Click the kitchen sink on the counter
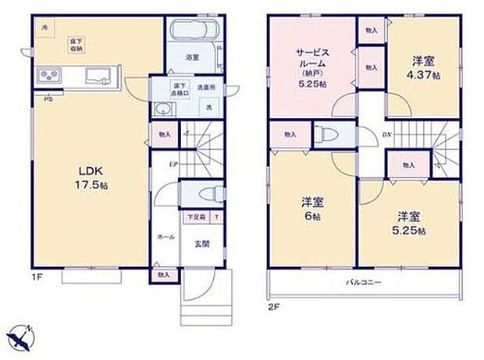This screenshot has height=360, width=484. pos(99,77)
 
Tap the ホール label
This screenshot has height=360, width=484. pos(166,234)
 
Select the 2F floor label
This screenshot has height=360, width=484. pos(273,306)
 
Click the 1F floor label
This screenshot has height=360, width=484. pos(36,276)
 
